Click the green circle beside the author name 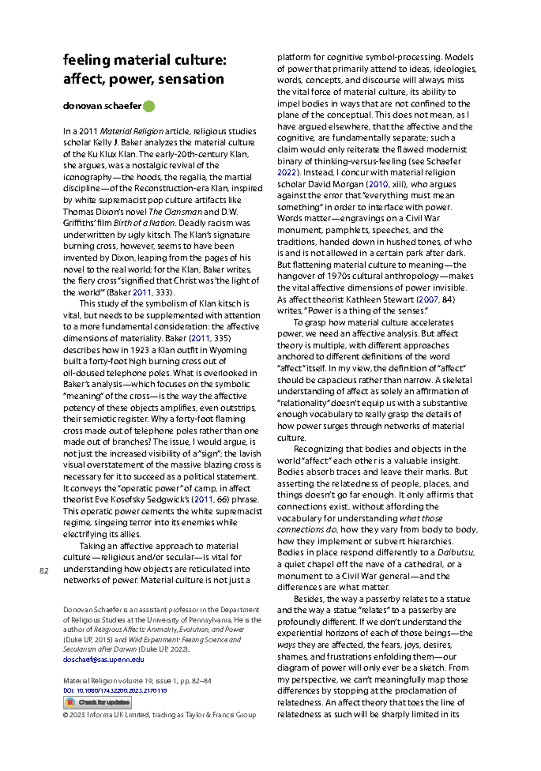pos(149,106)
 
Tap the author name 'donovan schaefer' pos(102,106)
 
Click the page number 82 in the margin pos(44,571)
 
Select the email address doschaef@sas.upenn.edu pos(104,659)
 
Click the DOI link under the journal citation pos(115,690)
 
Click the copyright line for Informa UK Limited pos(160,715)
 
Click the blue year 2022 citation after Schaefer pos(286,173)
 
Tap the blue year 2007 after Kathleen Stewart pos(428,299)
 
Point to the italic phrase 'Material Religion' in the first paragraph pos(131,131)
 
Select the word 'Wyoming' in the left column pos(231,350)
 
